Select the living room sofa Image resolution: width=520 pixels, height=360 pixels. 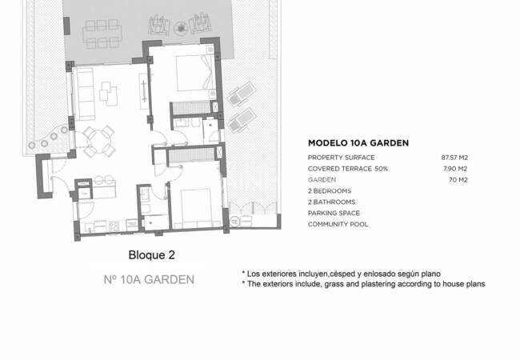click(x=82, y=92)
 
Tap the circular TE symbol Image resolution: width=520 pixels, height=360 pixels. click(x=234, y=221)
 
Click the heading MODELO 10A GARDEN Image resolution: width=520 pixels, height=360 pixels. click(x=358, y=143)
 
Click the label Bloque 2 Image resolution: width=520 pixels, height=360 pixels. click(x=151, y=255)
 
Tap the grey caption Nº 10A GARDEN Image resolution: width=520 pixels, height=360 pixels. click(x=149, y=280)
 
